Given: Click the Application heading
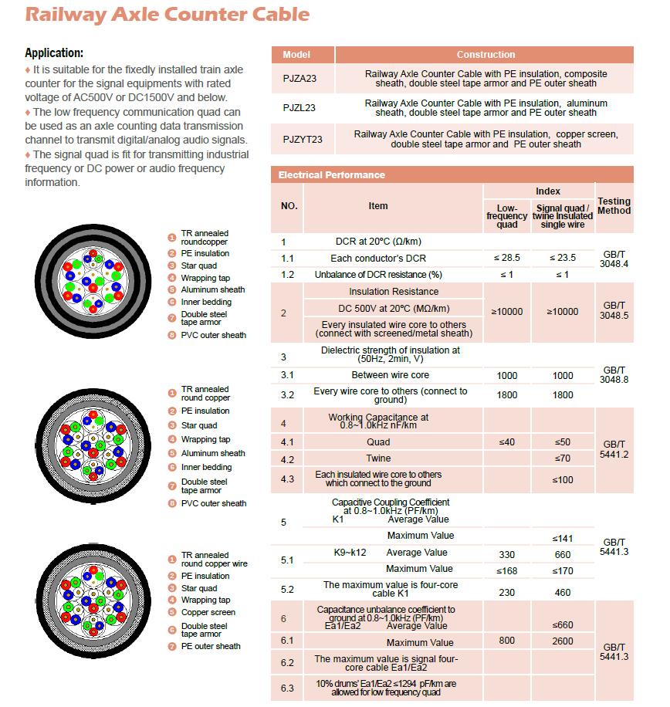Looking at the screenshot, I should click(x=54, y=53).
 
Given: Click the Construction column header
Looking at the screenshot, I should click(x=486, y=55).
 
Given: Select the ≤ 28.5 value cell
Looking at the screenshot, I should click(x=507, y=258).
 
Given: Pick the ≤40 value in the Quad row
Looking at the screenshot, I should click(x=507, y=442).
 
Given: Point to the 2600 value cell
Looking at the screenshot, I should click(x=563, y=641).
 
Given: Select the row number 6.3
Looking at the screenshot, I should click(x=288, y=688).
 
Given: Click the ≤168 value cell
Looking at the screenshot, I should click(x=507, y=571).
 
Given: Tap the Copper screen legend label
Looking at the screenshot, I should click(x=208, y=612).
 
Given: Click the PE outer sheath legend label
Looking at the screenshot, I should click(x=210, y=646).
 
